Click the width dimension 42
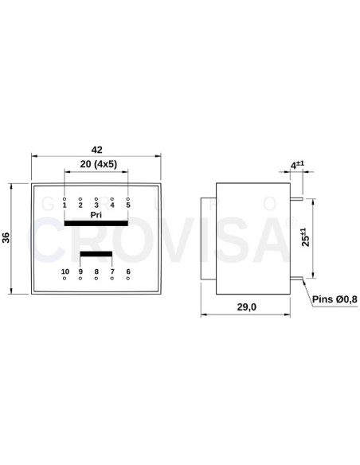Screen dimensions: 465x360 pos(96,149)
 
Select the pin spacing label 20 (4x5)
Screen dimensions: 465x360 pos(96,164)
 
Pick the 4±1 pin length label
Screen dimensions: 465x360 pos(297,165)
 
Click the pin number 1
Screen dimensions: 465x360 pos(65,205)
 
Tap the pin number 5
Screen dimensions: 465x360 pos(127,205)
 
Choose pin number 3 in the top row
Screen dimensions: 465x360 pos(96,205)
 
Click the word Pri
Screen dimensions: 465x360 pos(96,215)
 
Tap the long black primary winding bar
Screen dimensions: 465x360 pos(96,224)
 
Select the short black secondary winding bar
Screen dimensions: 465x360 pos(96,256)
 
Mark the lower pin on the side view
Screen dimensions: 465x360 pos(295,279)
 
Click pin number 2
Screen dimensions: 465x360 pos(80,205)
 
